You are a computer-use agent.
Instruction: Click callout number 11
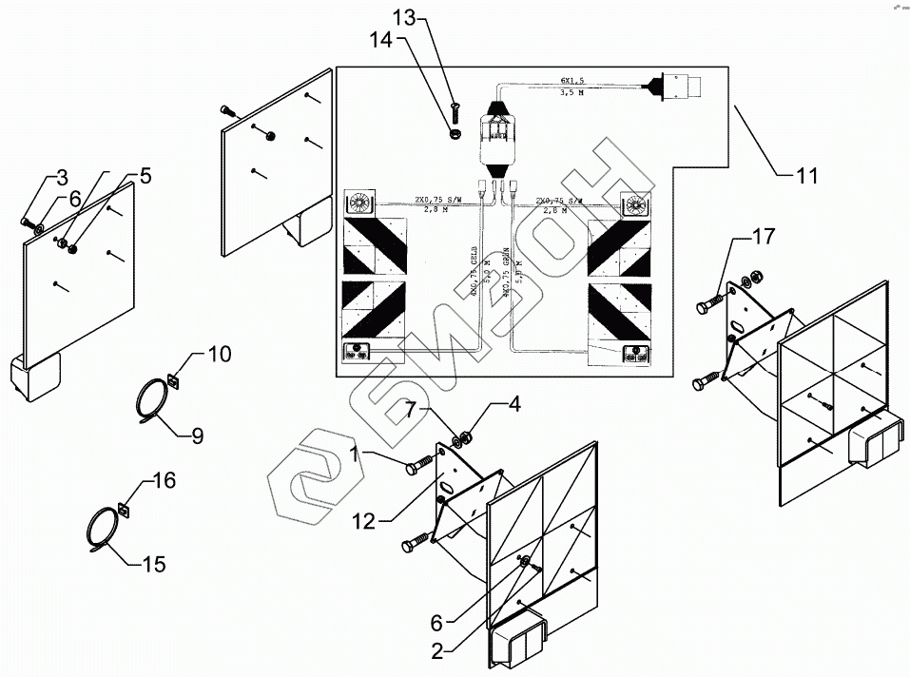(806, 176)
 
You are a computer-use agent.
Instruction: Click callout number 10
(219, 355)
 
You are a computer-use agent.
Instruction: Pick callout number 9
(198, 436)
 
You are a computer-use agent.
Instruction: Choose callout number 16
(164, 482)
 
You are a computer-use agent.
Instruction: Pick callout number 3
(61, 177)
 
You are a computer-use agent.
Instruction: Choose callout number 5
(144, 175)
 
